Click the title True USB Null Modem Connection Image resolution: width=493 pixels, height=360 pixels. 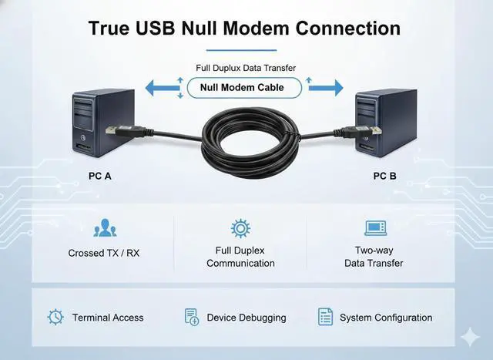click(244, 29)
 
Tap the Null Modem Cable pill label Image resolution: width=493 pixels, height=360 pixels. click(241, 87)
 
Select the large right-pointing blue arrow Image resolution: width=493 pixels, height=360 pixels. click(327, 87)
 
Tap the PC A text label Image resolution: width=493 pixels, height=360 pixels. click(100, 176)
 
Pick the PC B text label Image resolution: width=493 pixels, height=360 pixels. click(385, 176)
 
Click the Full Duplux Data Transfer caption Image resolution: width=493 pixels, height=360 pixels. click(246, 69)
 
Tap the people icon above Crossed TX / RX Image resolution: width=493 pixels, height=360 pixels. click(104, 228)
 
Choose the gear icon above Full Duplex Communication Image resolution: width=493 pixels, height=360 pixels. click(240, 228)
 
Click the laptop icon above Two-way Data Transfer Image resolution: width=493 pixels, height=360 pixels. click(374, 228)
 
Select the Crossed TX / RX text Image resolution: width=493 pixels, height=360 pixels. click(104, 253)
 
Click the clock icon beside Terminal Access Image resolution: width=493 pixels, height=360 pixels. click(55, 317)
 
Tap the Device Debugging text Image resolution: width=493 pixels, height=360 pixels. click(246, 318)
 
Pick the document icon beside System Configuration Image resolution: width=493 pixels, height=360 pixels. click(325, 317)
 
